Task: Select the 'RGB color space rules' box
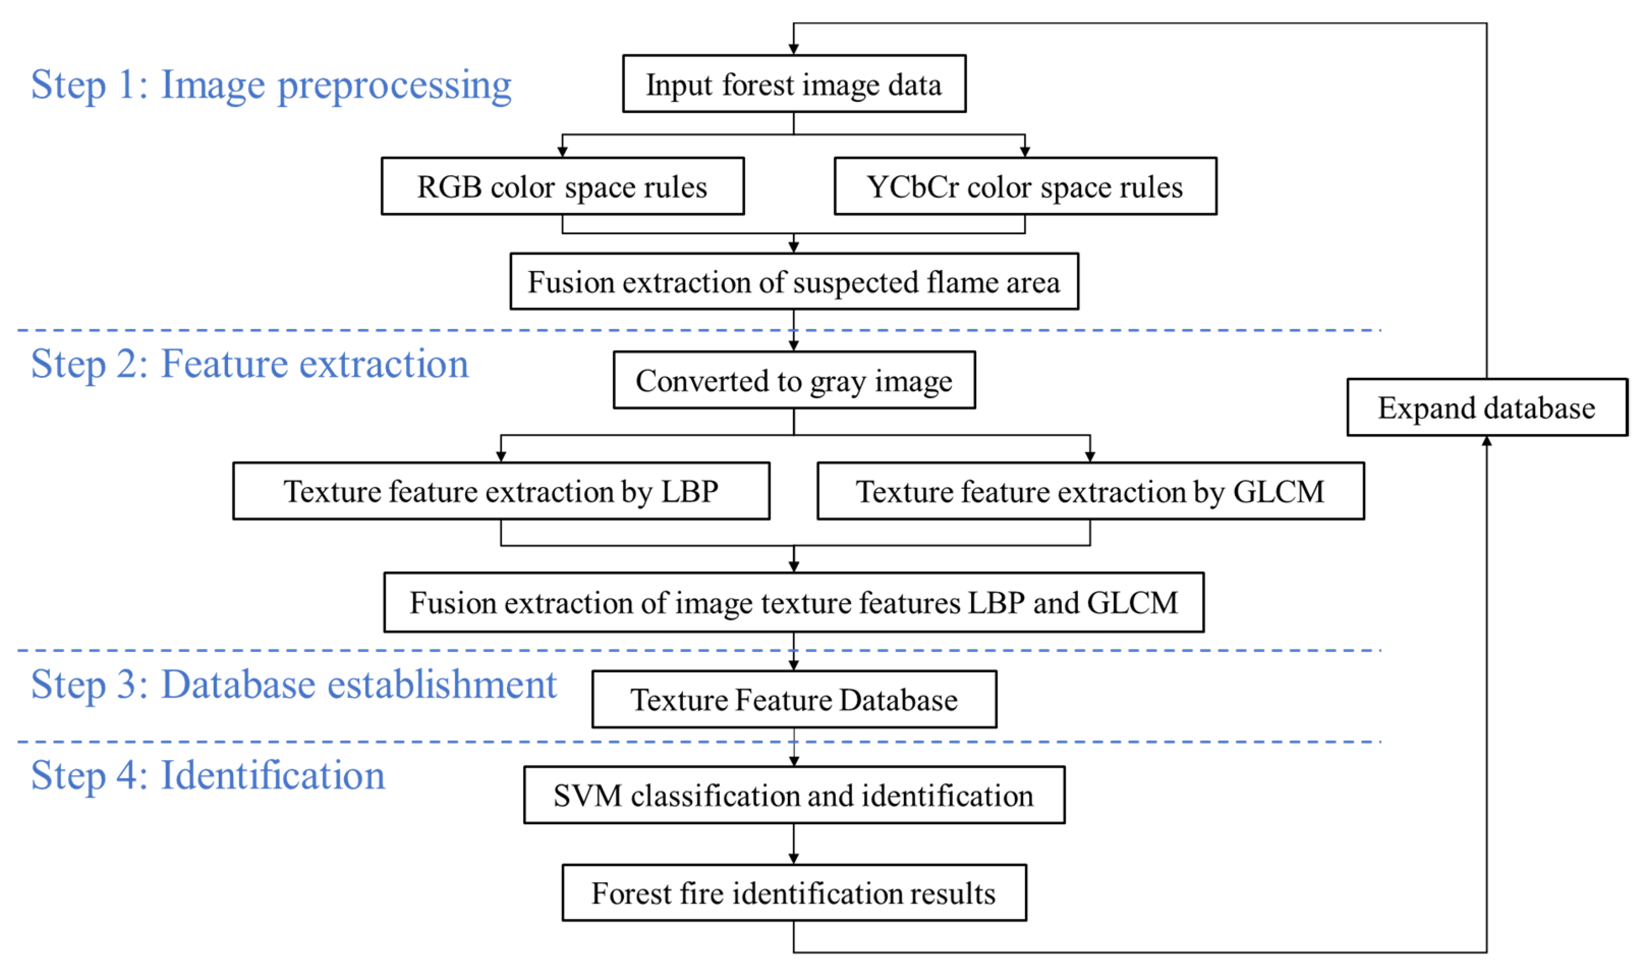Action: (x=562, y=186)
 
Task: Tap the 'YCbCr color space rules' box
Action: (x=1025, y=186)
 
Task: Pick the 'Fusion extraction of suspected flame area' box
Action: (x=794, y=281)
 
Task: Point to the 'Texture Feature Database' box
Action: (x=794, y=699)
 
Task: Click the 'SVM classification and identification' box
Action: (x=794, y=795)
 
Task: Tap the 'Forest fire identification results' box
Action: (x=794, y=893)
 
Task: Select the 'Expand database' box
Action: (x=1487, y=407)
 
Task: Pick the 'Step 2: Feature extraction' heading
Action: (x=249, y=365)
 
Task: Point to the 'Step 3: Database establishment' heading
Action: (x=294, y=685)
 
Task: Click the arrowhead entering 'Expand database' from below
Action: (x=1487, y=441)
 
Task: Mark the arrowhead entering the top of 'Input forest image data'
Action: (x=794, y=49)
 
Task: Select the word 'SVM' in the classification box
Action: (x=587, y=796)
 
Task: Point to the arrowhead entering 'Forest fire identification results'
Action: (x=794, y=858)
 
